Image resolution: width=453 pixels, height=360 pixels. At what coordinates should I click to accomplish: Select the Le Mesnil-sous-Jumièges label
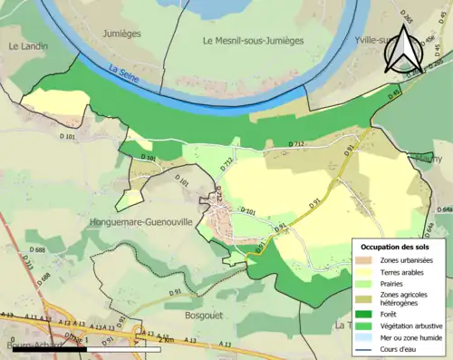[253, 41]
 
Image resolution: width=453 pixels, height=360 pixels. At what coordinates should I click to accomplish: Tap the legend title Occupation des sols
[397, 247]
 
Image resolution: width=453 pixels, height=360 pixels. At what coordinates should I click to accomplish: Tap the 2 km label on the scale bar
[165, 348]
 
